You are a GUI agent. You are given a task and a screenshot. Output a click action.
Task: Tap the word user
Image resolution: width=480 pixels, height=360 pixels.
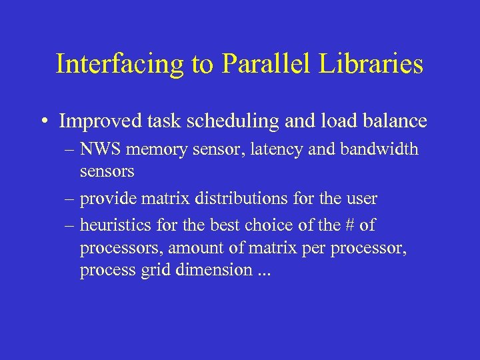[x=360, y=199]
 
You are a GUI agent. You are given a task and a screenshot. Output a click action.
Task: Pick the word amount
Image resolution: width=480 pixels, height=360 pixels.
[x=191, y=249]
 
